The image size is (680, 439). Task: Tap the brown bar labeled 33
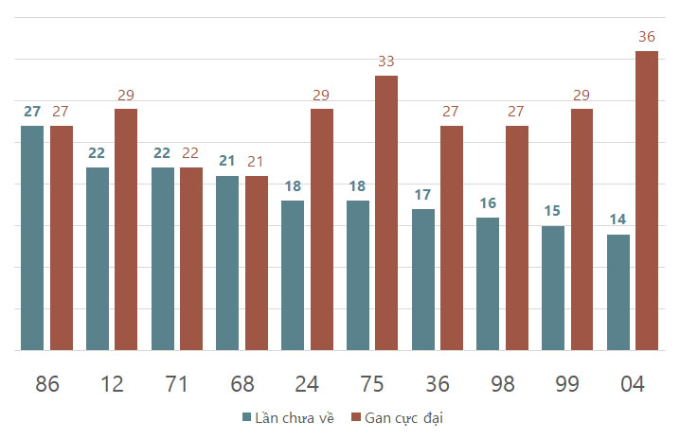386,213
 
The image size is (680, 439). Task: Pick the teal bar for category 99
553,288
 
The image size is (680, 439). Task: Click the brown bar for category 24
322,230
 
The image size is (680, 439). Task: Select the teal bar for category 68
227,263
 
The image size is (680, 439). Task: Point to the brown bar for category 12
126,230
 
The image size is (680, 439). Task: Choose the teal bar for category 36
423,279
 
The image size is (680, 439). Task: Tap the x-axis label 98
502,384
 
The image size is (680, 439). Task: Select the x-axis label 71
177,384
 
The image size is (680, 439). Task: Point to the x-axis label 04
632,384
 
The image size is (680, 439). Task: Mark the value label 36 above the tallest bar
647,37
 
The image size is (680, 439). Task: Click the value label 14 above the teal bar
617,219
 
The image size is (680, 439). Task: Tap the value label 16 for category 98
488,202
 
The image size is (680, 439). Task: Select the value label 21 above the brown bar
257,161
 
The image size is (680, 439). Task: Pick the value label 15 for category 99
553,211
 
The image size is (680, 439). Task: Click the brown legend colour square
356,417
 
